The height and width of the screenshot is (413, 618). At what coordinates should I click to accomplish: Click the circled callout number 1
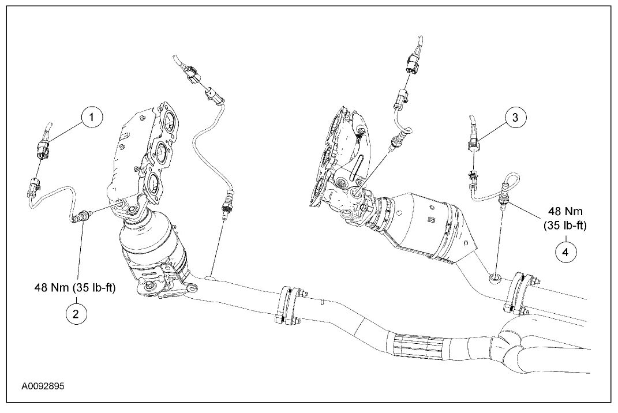tap(91, 118)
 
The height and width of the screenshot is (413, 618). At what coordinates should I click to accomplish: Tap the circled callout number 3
tap(515, 118)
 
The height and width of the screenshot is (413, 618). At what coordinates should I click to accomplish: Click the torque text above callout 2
tap(76, 287)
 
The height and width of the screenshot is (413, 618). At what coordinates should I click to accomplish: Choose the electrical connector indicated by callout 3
tap(473, 138)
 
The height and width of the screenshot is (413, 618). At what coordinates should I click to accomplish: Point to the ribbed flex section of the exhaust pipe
tap(421, 346)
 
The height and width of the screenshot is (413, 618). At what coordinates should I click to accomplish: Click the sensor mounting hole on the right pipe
tap(495, 279)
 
